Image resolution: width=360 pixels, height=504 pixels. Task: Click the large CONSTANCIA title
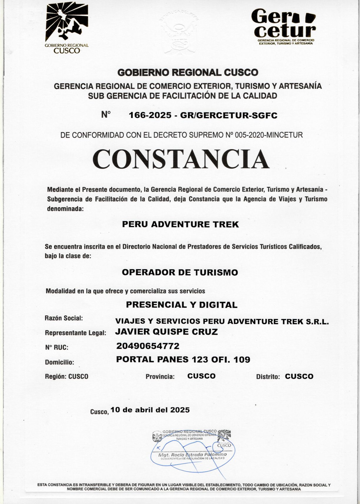(181, 159)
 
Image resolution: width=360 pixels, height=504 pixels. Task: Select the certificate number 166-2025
(150, 116)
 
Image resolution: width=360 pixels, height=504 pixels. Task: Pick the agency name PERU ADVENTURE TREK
(180, 224)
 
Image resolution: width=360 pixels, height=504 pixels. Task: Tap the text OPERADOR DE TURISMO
(180, 272)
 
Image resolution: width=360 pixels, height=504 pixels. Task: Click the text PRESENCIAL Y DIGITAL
(182, 305)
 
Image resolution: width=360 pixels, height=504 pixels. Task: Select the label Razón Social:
(64, 318)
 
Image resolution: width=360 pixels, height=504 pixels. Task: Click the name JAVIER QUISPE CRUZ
(166, 332)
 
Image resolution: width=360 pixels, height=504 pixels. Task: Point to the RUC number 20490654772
(148, 346)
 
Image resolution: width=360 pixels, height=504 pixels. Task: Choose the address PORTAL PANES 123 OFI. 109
(183, 360)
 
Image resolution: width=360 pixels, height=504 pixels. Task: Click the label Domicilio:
(59, 362)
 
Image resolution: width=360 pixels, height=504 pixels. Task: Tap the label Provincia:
(160, 377)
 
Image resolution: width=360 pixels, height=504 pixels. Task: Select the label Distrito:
(268, 377)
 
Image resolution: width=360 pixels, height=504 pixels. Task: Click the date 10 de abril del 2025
(150, 410)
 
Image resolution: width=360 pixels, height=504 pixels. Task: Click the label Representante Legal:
(75, 333)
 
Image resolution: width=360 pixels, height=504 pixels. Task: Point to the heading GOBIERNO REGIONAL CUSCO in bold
(188, 72)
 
